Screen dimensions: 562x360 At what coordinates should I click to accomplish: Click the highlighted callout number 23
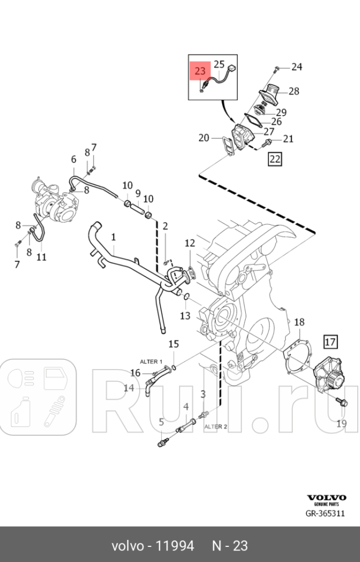coord(200,71)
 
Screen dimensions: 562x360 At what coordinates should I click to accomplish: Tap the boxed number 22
coord(274,159)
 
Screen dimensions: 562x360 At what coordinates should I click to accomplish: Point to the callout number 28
coord(294,91)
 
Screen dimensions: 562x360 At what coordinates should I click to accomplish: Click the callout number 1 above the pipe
coord(114,237)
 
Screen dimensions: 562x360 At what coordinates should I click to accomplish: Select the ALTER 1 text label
coord(150,361)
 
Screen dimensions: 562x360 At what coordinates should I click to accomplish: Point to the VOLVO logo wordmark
coord(326,497)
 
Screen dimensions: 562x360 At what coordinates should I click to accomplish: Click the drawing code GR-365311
coord(326,513)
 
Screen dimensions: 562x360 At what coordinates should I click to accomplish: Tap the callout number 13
coord(185,316)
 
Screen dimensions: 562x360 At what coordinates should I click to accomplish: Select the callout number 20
coord(203,137)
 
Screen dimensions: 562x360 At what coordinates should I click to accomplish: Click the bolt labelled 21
coord(268,141)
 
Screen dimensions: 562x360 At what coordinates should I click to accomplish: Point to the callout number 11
coord(41,256)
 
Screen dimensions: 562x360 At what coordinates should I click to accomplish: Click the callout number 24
coord(297,67)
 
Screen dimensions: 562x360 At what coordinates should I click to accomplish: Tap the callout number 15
coord(174,345)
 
